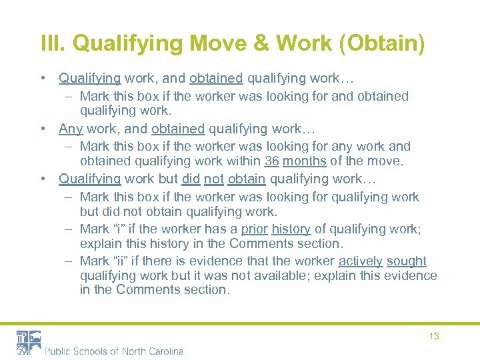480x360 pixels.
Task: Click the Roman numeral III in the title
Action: click(x=52, y=44)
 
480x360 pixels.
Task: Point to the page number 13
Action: click(x=433, y=336)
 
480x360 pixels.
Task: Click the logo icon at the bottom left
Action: click(x=29, y=342)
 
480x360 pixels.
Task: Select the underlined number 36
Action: click(x=271, y=161)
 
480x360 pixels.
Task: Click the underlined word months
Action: click(x=305, y=161)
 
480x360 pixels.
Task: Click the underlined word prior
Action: click(x=254, y=229)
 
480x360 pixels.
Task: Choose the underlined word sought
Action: click(x=407, y=261)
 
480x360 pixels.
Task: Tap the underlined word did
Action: click(x=192, y=179)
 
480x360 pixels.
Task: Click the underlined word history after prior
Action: click(x=291, y=229)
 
